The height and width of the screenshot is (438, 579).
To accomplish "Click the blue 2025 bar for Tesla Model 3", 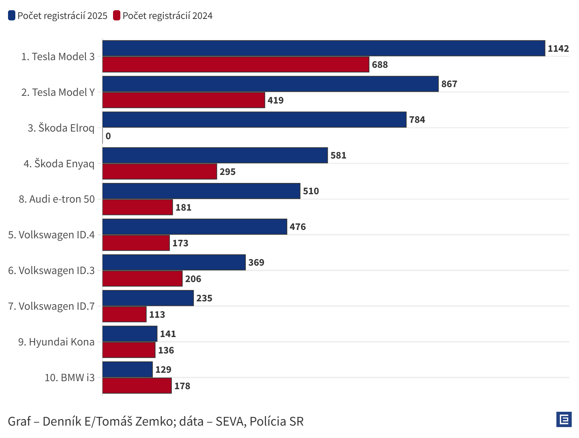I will [323, 48].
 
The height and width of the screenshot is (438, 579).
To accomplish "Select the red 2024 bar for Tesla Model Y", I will [183, 100].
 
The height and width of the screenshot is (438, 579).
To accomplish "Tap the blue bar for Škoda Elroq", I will [254, 120].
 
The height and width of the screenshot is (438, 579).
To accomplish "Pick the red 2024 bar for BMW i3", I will [137, 386].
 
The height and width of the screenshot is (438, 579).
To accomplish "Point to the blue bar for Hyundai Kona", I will [130, 334].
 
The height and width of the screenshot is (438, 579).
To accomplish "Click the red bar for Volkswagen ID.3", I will [142, 279].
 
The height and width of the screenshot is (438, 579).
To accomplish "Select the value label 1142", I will [558, 48].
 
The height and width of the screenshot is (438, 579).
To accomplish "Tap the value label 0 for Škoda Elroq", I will [108, 136].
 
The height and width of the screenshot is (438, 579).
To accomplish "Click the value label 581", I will [338, 156].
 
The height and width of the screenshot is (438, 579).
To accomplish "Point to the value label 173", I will [180, 243].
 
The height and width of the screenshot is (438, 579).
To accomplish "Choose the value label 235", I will [204, 298].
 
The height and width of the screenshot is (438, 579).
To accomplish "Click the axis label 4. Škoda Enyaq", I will [59, 164].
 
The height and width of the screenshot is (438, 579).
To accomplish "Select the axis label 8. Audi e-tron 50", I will [57, 199].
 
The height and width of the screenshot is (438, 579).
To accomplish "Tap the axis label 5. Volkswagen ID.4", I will [51, 235].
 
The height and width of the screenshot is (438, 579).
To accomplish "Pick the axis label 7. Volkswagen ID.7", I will [51, 306].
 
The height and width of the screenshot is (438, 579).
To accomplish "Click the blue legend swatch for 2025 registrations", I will [12, 16].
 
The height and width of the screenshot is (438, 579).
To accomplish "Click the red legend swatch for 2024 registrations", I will [117, 16].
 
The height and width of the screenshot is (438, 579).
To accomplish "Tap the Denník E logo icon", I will [564, 419].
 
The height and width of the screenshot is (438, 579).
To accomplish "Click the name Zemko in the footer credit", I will [152, 422].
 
